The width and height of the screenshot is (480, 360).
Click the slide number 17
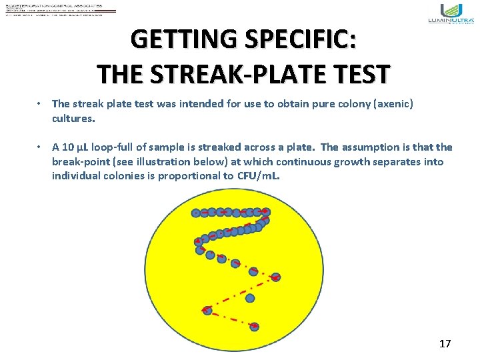445,344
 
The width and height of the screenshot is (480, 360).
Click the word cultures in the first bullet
73,118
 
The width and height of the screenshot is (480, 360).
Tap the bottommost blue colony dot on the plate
254,327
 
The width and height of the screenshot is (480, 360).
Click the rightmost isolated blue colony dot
276,277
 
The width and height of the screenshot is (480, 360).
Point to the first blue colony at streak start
196,213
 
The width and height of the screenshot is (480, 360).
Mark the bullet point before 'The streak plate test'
41,103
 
